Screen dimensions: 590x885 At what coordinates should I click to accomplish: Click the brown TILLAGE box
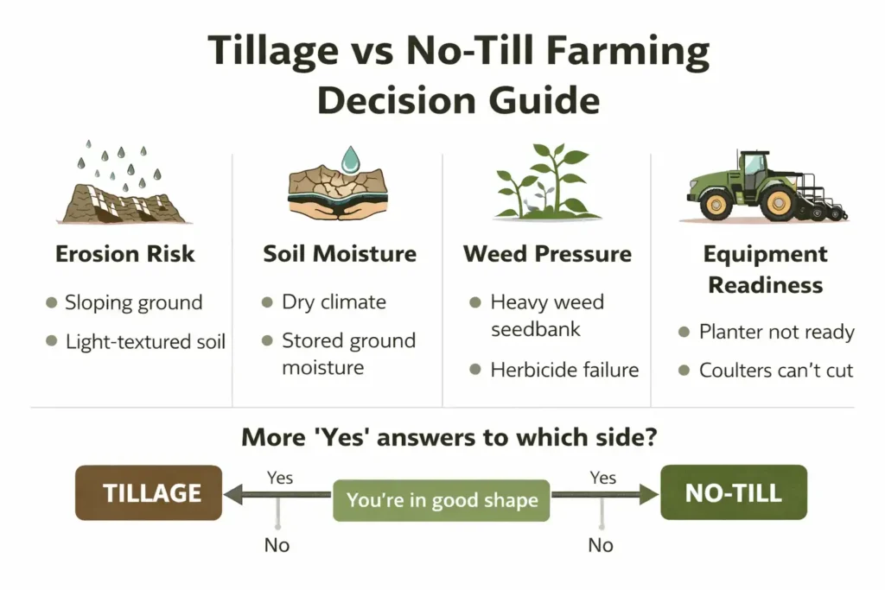[x=148, y=492]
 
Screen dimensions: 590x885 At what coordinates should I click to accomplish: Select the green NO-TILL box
[x=733, y=492]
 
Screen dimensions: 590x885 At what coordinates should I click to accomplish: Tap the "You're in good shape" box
[x=441, y=500]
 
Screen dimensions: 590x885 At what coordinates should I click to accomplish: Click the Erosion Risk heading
[x=125, y=254]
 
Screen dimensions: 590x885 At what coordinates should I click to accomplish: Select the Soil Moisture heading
[x=340, y=254]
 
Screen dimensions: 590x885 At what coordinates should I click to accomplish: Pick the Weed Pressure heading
[x=547, y=254]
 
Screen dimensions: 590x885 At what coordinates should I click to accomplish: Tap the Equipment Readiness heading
[x=765, y=270]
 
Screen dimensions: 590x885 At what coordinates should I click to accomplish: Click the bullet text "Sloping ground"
[x=134, y=303]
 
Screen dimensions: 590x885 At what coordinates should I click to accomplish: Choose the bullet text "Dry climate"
[x=334, y=303]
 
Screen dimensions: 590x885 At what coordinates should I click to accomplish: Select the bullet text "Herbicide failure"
[x=564, y=370]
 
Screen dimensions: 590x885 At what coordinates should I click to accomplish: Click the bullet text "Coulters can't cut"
[x=776, y=371]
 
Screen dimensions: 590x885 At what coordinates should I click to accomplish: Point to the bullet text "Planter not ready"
[x=776, y=333]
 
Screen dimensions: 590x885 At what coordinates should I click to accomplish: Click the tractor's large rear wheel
[x=780, y=204]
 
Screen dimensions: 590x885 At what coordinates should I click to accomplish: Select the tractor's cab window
[x=754, y=164]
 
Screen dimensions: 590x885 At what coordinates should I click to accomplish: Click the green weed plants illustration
[x=547, y=181]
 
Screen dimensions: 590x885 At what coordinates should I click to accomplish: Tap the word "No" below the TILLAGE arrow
[x=277, y=545]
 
